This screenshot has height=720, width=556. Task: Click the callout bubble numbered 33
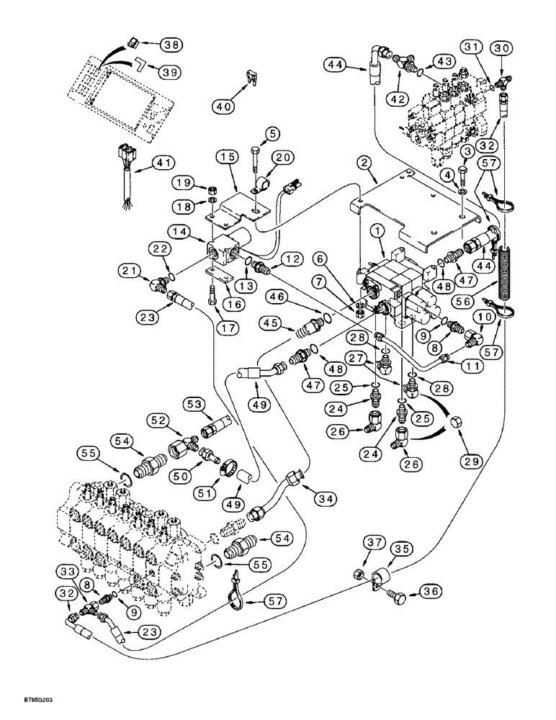point(67,571)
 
